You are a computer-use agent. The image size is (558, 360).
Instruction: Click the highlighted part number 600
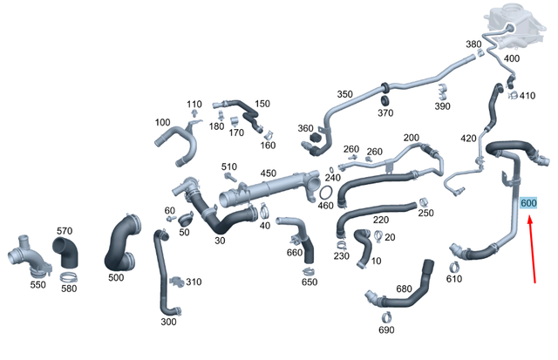527,203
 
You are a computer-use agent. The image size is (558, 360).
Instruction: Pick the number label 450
269,173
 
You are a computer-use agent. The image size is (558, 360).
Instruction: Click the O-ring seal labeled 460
324,191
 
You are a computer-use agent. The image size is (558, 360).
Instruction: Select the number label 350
344,94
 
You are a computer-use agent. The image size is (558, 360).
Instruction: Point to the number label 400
512,58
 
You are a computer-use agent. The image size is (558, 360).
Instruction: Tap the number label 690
386,329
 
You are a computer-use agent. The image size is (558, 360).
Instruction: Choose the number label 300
168,322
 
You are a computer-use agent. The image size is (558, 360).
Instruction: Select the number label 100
162,122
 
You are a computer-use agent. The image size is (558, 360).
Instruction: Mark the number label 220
381,220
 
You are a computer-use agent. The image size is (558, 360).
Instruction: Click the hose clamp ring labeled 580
70,278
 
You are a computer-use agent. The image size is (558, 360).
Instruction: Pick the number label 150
262,103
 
